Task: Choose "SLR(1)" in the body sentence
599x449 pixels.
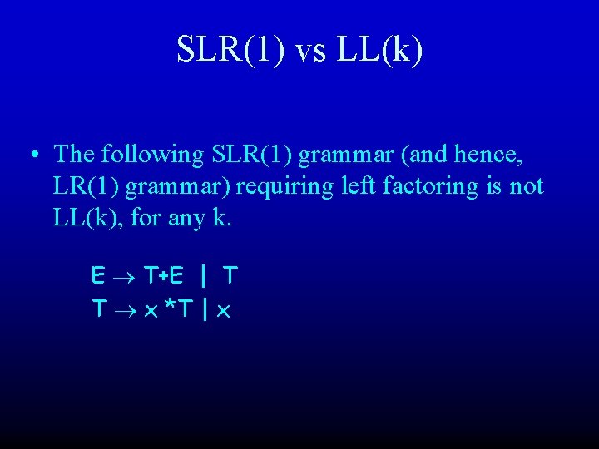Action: coord(253,155)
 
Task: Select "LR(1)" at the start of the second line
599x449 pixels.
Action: coord(87,186)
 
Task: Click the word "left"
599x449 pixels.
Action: coord(356,186)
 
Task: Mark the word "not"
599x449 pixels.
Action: coord(527,186)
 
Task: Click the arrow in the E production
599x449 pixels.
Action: coord(125,274)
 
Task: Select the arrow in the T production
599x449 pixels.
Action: coord(125,310)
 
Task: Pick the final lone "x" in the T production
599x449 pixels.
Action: coord(223,311)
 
